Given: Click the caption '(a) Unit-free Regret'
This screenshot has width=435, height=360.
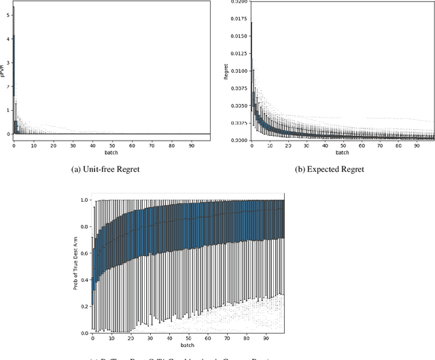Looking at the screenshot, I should (109, 170).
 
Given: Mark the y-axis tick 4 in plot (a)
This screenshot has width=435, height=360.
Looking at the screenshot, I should (7, 39).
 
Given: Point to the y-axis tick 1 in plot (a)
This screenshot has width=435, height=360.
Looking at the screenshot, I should (7, 110).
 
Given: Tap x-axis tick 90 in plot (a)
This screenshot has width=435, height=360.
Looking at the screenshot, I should (191, 145).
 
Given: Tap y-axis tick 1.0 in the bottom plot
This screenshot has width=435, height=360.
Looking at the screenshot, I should (84, 200).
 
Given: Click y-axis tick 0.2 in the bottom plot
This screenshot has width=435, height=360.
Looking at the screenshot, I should (84, 306).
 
